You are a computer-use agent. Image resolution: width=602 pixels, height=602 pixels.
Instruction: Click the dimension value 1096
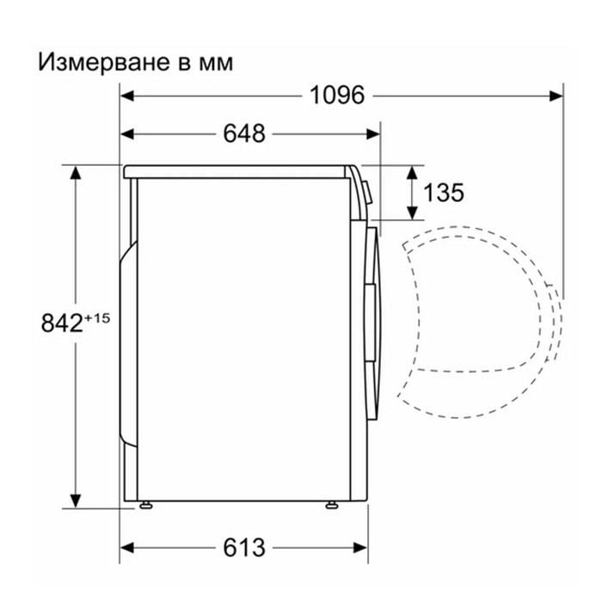[337, 95]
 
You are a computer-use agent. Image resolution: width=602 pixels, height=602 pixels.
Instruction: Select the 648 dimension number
[244, 133]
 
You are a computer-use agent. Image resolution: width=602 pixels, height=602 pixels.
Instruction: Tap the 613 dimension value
[244, 548]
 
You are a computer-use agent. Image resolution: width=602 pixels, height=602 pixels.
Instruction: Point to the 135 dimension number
[444, 193]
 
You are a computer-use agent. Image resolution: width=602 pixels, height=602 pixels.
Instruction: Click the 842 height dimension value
[62, 322]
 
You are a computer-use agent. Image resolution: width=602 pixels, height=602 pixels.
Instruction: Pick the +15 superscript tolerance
[97, 318]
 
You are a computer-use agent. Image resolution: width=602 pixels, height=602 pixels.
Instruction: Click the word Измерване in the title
[104, 63]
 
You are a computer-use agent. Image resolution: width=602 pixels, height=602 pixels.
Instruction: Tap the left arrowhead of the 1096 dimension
[127, 95]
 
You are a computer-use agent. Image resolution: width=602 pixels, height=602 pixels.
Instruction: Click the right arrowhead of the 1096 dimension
[556, 95]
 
